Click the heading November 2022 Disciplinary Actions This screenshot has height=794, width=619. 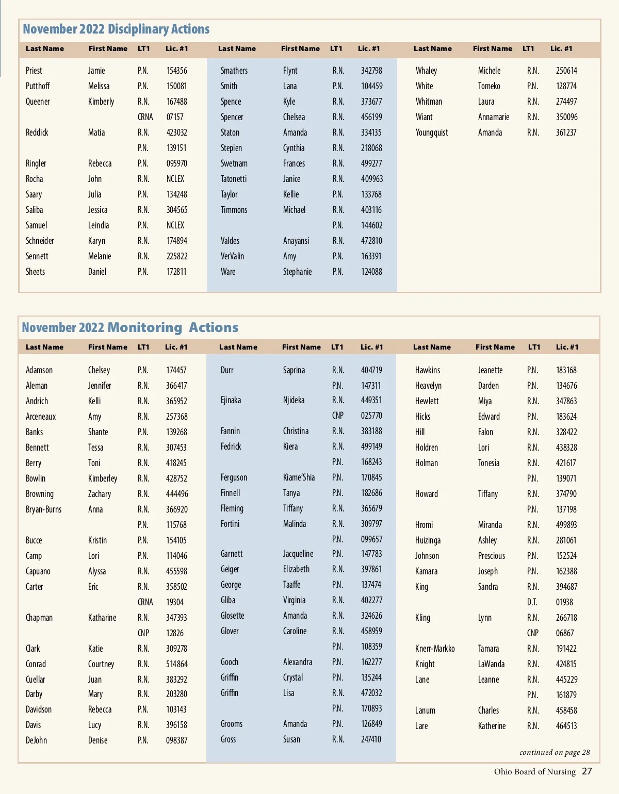coord(116,29)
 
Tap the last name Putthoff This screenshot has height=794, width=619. coord(38,86)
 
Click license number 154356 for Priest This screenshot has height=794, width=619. coord(176,71)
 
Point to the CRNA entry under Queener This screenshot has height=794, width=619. coord(145,117)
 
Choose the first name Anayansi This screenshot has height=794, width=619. coord(296,241)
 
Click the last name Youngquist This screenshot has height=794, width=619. coord(431,133)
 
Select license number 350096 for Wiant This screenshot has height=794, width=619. coord(566,117)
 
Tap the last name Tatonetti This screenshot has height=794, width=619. coord(233,179)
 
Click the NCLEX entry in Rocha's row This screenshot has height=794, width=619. coord(175,179)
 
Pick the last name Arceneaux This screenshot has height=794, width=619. coord(41,417)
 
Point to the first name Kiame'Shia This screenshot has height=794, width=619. coord(298,477)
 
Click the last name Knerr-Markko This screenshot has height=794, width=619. coord(434,649)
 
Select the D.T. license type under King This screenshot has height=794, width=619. coord(532,602)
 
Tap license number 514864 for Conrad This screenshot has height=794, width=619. coord(176,664)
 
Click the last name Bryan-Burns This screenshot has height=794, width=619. coord(43,509)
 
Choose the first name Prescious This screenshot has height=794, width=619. coord(491,556)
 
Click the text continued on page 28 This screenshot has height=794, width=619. coord(554,752)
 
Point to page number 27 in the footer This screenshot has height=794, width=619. coord(587,771)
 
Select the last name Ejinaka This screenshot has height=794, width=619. coord(231,400)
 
